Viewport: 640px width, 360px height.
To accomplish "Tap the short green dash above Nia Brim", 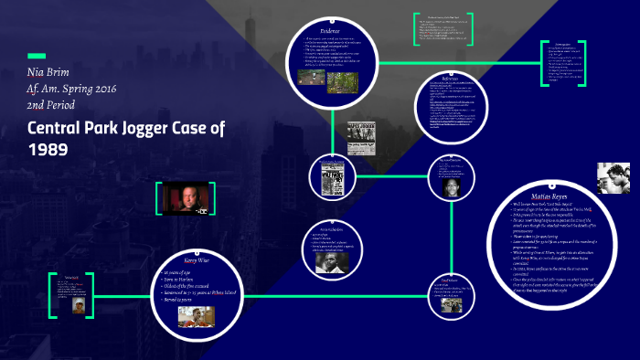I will [x=37, y=55].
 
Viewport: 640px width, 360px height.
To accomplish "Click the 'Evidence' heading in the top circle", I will [x=331, y=31].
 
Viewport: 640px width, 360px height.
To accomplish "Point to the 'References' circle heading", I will [x=448, y=82].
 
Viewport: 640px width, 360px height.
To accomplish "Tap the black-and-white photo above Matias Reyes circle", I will [x=613, y=176].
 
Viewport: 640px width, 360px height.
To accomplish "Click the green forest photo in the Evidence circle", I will [x=343, y=84].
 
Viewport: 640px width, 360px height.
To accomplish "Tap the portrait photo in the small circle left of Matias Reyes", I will [x=451, y=186].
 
